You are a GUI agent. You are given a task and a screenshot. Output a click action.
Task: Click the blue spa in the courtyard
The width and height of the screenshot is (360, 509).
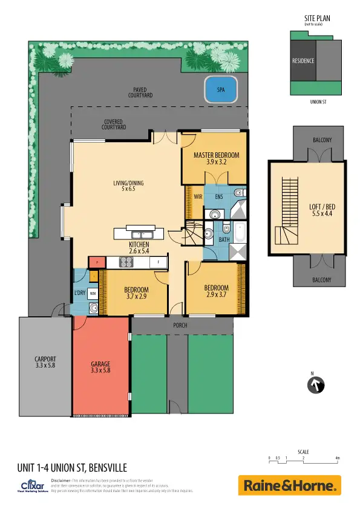pos(220,90)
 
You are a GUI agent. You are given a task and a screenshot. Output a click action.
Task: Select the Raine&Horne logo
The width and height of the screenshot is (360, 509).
pos(290,485)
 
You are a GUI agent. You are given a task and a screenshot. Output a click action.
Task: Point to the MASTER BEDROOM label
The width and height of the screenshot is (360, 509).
pos(216,155)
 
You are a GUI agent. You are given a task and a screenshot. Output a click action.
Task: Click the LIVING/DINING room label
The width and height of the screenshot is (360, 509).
pos(128,184)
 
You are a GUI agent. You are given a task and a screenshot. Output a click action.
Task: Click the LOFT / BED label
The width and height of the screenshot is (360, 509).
pos(322,207)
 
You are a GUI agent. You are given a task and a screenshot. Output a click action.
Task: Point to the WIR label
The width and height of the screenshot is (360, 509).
pos(197,196)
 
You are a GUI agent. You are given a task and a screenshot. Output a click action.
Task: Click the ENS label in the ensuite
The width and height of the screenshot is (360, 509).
pos(218,196)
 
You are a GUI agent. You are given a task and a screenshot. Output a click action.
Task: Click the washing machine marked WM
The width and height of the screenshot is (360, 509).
pos(93,293)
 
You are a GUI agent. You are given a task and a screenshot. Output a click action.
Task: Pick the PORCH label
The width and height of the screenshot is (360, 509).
pos(180,325)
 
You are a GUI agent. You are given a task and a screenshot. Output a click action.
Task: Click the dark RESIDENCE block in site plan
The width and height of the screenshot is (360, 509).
pos(303,61)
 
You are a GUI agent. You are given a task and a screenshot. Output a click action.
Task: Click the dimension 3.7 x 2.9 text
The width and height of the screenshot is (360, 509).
pos(136,296)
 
